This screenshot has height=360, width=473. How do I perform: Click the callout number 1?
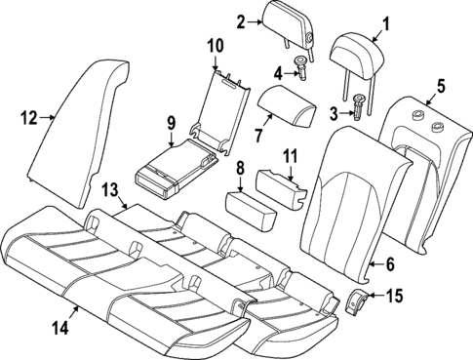[357, 21]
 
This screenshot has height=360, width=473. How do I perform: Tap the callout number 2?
[241, 20]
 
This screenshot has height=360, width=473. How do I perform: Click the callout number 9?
[171, 124]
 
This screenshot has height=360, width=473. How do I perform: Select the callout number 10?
[215, 45]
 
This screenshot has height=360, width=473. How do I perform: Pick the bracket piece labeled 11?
[280, 184]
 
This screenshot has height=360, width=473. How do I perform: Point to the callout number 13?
[110, 187]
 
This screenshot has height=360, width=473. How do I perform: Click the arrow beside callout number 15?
[378, 297]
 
